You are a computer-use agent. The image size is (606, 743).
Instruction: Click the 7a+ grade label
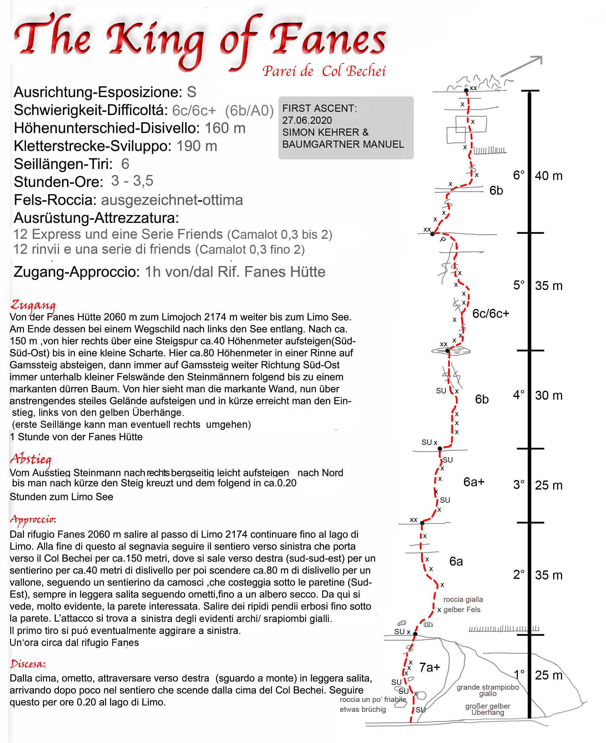coord(429,667)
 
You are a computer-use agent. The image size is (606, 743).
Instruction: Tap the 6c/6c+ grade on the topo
coord(490,314)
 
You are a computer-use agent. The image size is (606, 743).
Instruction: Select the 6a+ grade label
coord(474,482)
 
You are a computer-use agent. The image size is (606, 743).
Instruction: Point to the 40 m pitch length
coord(549,176)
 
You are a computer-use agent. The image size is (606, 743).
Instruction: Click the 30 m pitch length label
coord(549,395)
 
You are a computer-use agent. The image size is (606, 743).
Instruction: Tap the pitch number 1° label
coord(519,674)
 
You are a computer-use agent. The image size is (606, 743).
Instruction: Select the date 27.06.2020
coord(307,120)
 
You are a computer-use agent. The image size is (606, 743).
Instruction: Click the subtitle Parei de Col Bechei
coord(324,71)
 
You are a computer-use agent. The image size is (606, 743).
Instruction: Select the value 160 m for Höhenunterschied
coord(225,128)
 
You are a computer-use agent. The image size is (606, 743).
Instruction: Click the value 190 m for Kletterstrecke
coord(196,146)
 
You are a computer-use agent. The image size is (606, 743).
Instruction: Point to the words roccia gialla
coord(463,599)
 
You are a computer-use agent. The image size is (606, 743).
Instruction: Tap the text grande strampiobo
coord(487,687)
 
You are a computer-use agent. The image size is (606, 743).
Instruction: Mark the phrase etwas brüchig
coord(363,709)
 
